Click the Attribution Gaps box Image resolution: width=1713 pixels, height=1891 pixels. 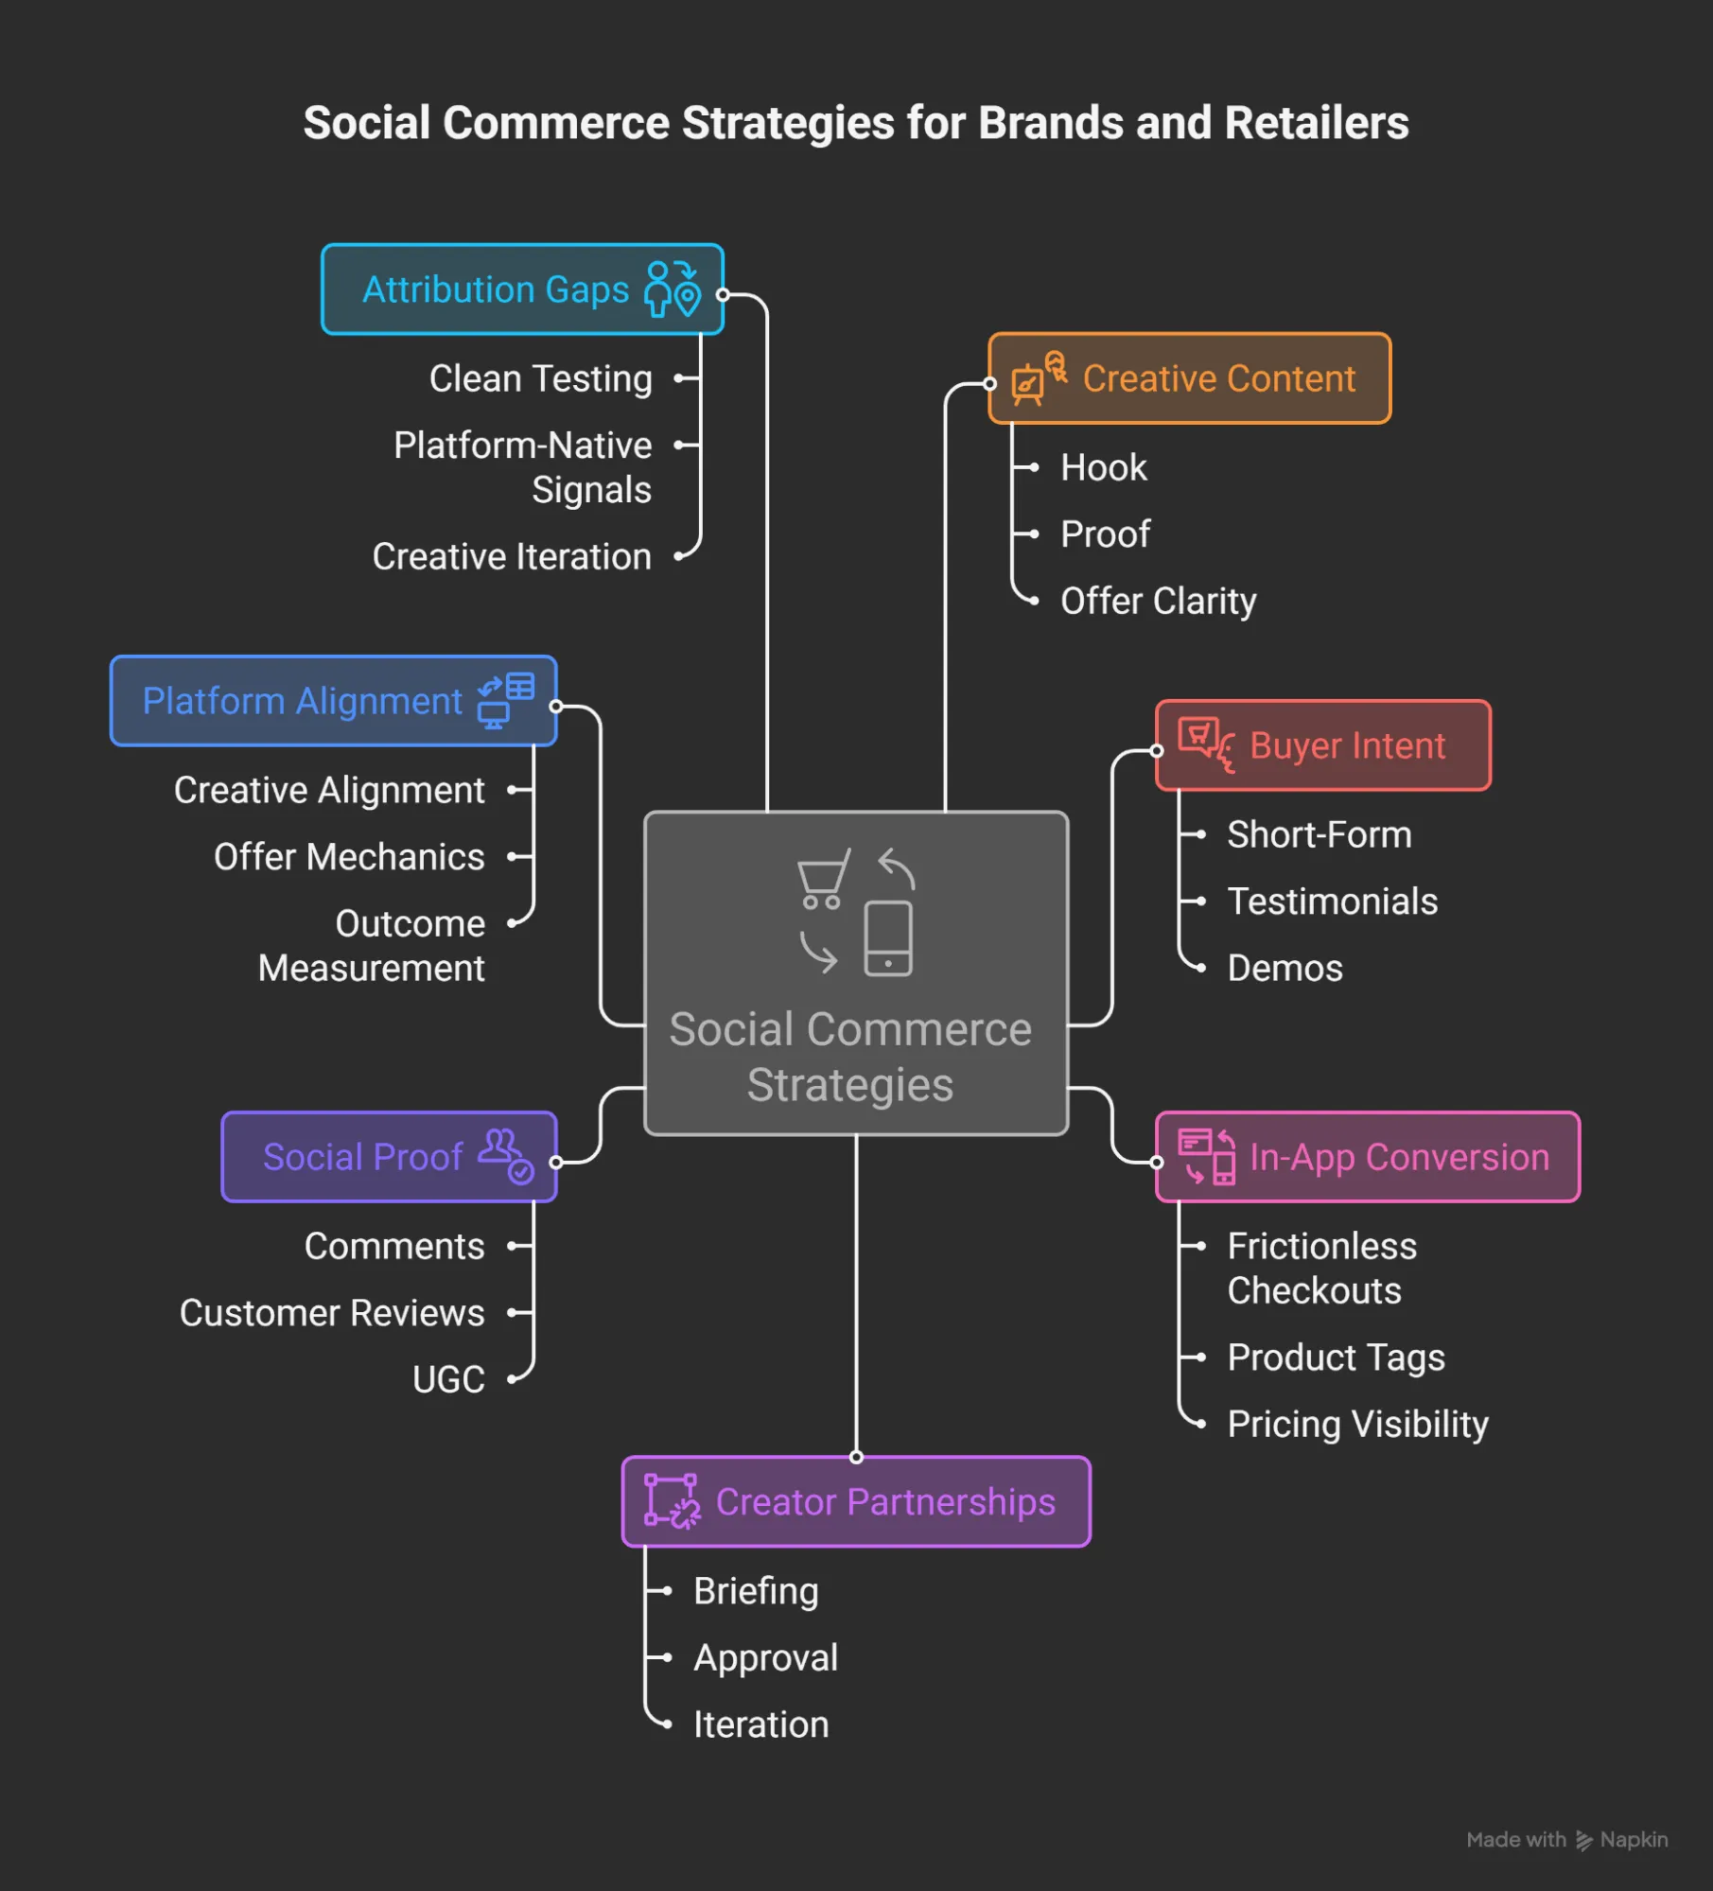coord(522,289)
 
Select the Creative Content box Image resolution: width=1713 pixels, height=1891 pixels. coord(1189,378)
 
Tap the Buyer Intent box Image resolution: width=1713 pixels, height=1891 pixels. coord(1322,745)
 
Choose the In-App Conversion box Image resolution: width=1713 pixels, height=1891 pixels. coord(1367,1157)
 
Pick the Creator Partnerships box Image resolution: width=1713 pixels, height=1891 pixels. coord(856,1501)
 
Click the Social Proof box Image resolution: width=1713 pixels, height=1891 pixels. coord(389,1157)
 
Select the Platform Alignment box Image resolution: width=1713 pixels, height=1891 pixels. coord(333,701)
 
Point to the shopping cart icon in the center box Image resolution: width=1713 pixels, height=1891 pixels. coord(822,878)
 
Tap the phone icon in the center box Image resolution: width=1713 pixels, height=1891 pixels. coord(888,937)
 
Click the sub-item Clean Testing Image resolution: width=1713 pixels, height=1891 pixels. coord(540,378)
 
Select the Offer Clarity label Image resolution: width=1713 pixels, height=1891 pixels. coord(1158,601)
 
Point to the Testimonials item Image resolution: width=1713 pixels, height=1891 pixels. coord(1332,902)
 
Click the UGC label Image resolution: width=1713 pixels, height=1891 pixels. coord(448,1379)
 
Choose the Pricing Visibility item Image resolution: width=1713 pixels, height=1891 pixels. coord(1357,1424)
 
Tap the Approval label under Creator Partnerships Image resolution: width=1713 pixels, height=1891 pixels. coord(765,1657)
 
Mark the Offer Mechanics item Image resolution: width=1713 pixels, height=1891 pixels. coord(349,857)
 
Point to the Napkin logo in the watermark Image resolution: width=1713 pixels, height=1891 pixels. coord(1584,1840)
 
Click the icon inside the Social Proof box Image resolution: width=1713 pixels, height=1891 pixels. coord(506,1156)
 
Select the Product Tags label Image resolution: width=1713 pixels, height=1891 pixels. coord(1336,1357)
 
